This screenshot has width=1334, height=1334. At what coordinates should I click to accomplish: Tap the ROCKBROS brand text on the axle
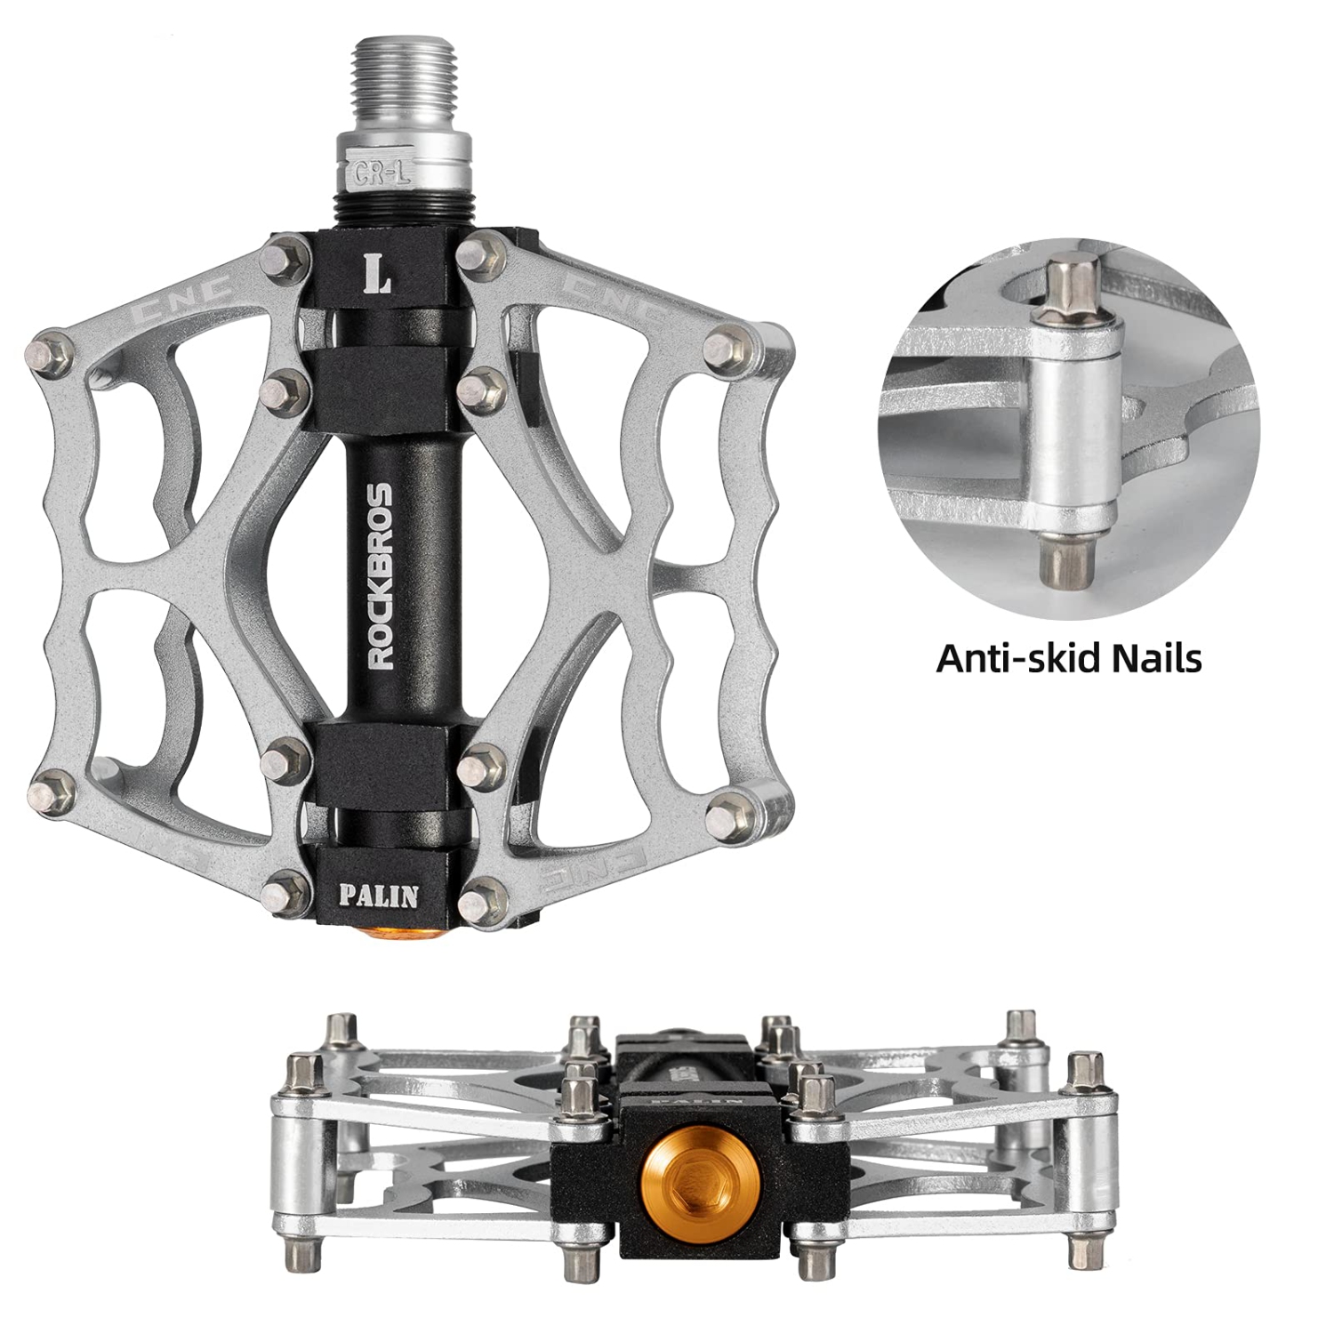pyautogui.click(x=381, y=575)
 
